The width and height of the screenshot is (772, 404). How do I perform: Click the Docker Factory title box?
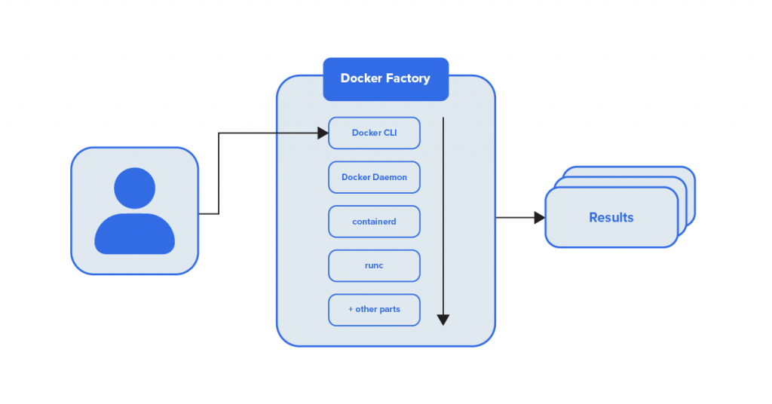point(385,79)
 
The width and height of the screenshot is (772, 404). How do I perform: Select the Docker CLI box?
point(374,133)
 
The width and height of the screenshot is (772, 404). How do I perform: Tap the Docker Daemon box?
point(374,177)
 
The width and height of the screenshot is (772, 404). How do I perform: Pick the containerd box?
point(374,222)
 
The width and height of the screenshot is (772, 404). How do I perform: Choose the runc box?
point(374,265)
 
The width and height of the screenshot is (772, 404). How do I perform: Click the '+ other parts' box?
point(374,310)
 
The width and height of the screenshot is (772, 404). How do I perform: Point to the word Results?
point(611,218)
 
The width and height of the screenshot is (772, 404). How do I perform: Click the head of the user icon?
point(134,188)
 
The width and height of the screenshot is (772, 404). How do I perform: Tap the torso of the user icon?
point(134,234)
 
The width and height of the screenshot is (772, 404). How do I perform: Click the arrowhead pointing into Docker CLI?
point(323,133)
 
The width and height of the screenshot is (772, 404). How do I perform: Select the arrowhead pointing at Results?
point(539,218)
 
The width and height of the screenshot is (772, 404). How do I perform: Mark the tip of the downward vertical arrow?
point(443,322)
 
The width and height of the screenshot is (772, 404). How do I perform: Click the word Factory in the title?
point(407,78)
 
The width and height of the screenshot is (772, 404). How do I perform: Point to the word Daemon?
point(390,177)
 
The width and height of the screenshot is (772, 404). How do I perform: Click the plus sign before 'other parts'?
point(351,310)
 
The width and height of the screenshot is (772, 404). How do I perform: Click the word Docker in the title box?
point(360,78)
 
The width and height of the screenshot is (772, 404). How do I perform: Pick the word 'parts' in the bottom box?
point(389,310)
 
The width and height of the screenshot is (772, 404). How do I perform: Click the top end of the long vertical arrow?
point(443,119)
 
